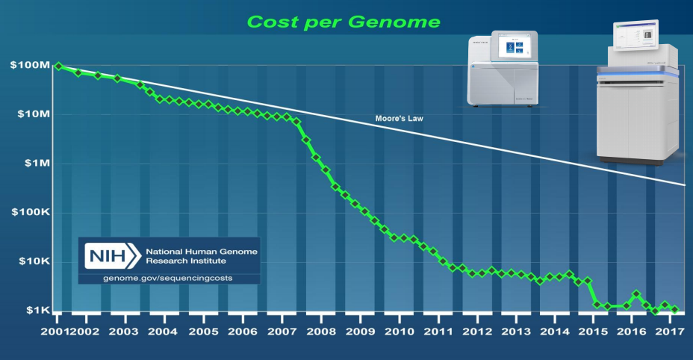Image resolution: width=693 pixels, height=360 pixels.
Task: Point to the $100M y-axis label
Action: [x=30, y=66]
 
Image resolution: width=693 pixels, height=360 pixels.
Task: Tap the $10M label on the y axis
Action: [x=32, y=115]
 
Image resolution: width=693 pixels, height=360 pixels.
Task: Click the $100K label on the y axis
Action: [x=30, y=213]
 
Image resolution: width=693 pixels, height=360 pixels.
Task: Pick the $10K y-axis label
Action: [x=32, y=262]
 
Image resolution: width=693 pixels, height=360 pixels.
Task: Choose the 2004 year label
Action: [x=164, y=331]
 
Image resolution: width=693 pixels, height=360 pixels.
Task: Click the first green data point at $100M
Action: [x=58, y=66]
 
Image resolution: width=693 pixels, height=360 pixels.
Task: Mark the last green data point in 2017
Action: [x=675, y=309]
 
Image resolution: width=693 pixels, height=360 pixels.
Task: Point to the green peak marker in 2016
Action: [x=636, y=294]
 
